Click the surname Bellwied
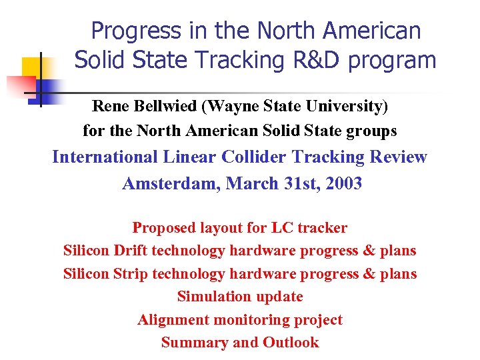168,106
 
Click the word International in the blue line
105,157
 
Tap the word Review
397,157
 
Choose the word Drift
129,251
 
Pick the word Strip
130,274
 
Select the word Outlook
291,343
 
